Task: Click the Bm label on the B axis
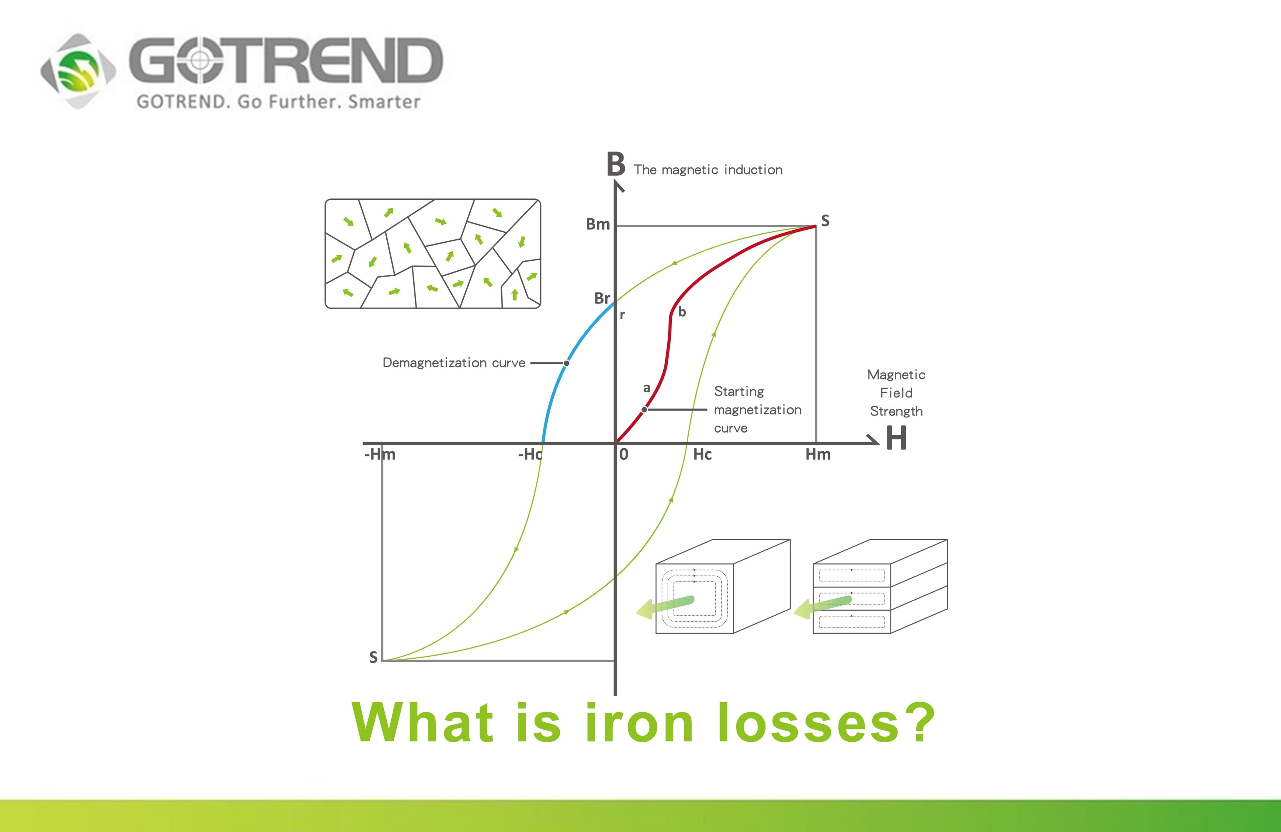(x=597, y=224)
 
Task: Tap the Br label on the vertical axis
(x=602, y=298)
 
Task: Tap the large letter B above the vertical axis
(x=616, y=164)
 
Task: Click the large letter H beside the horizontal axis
(x=896, y=438)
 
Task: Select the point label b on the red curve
(x=682, y=312)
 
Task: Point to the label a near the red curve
(x=647, y=388)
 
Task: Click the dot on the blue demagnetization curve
(x=566, y=363)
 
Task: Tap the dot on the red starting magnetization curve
(x=644, y=410)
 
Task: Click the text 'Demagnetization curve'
(x=454, y=363)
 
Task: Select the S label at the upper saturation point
(x=825, y=220)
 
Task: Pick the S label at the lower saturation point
(x=373, y=657)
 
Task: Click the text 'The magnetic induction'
(x=708, y=170)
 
